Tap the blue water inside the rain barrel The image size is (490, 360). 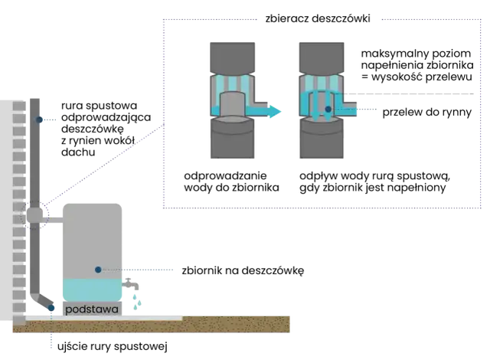coord(92,289)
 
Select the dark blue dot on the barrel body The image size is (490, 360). coord(99,270)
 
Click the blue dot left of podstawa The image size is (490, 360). coord(51,309)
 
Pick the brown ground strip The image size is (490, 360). coord(153,326)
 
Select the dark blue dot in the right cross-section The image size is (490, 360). coord(328,110)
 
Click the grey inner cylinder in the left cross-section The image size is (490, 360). coord(230,102)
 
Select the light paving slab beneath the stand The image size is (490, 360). coord(115,316)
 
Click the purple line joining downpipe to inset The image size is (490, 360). coord(107,164)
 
